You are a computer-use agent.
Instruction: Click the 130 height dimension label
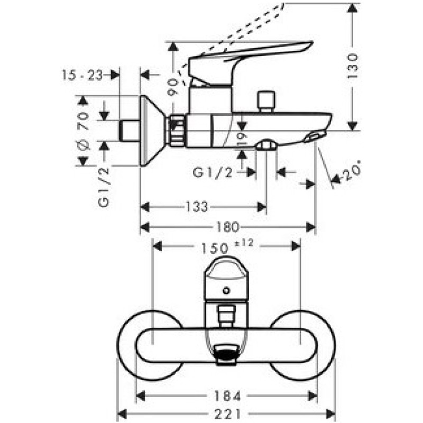coord(353,66)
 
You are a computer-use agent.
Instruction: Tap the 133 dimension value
coord(197,207)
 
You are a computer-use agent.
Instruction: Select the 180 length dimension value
coord(227,227)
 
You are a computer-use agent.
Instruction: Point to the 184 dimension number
coord(227,396)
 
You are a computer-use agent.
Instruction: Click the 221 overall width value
coord(227,413)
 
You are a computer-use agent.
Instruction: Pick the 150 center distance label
coord(215,248)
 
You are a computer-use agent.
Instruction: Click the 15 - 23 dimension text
coord(82,75)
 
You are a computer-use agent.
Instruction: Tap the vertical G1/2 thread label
coord(104,187)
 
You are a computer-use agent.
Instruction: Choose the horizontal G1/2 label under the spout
coord(213,173)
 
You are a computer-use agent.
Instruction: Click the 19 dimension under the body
coord(242,140)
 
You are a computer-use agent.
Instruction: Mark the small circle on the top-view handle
coord(226,291)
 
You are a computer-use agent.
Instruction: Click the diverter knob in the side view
coord(266,101)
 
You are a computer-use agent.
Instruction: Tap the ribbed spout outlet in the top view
coord(226,355)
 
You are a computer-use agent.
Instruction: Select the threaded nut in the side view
coord(178,131)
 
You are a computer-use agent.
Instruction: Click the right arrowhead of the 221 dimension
coord(330,413)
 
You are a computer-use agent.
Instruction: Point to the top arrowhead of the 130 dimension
coord(352,7)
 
